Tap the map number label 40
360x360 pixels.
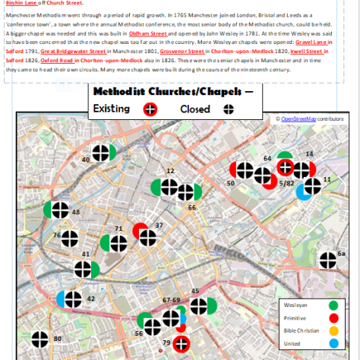(85, 159)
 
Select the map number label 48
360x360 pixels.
(75, 211)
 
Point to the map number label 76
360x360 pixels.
(57, 235)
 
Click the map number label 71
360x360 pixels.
(118, 229)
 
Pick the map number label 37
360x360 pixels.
(159, 226)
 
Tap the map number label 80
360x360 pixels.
(57, 339)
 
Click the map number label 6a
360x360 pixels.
(341, 253)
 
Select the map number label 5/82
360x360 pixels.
(286, 184)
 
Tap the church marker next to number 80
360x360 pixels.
(38, 346)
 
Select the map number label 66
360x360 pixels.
(192, 207)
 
